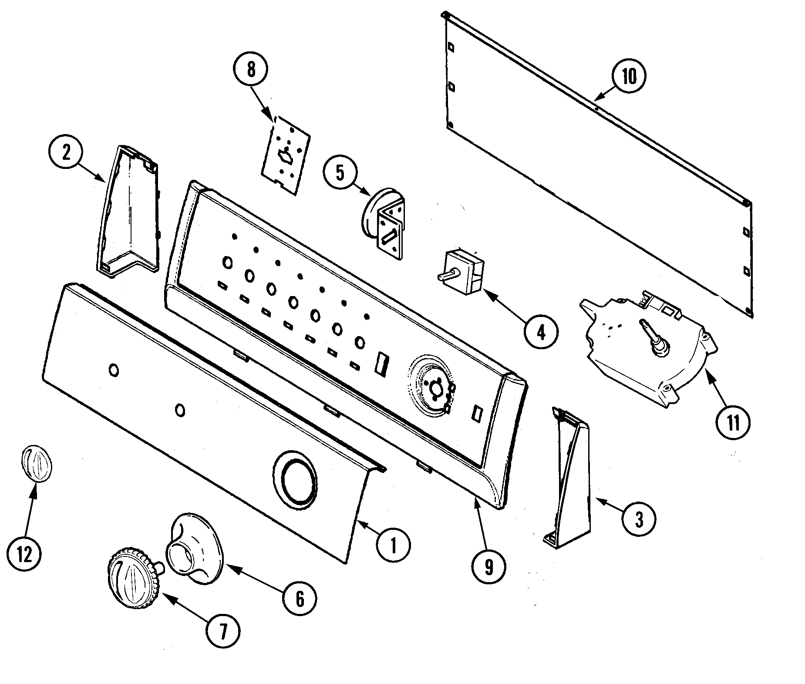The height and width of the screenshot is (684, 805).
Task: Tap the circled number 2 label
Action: click(66, 154)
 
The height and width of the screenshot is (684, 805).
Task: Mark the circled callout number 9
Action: click(488, 566)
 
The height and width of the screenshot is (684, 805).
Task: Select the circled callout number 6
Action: click(300, 599)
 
